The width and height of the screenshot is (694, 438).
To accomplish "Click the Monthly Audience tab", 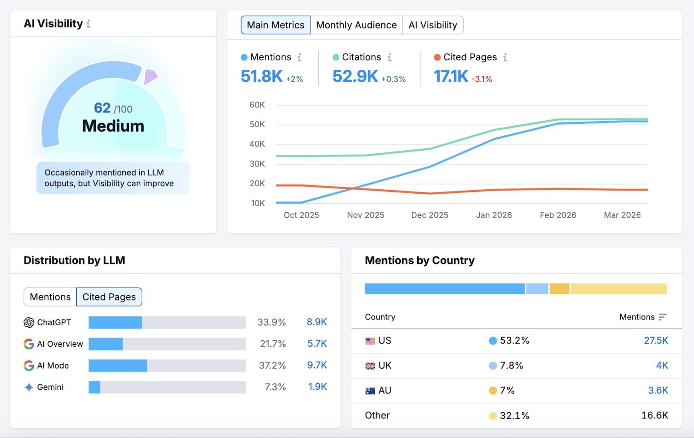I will [356, 25].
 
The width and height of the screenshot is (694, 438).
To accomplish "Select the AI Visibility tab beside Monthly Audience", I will [432, 25].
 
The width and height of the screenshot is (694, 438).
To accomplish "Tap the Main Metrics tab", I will [275, 25].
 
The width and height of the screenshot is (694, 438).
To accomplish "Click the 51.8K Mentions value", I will [262, 76].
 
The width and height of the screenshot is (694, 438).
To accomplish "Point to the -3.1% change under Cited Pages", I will [482, 79].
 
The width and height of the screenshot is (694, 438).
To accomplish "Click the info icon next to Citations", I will [390, 57].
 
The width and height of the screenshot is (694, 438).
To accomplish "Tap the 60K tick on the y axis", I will [257, 105].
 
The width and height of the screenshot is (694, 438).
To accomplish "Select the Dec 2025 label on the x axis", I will [429, 215].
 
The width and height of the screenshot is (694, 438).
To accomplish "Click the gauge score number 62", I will [102, 108].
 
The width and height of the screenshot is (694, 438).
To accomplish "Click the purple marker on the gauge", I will [150, 76].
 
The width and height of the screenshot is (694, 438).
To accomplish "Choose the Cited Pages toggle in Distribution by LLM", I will [109, 297].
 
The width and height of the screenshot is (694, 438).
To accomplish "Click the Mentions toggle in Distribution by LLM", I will [50, 297].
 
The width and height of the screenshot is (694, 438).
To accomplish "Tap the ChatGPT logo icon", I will [29, 322].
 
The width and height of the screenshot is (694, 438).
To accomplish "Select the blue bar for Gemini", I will [94, 387].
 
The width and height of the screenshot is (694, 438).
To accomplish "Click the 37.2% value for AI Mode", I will [272, 366].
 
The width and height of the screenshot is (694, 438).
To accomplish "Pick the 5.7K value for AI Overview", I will [317, 344].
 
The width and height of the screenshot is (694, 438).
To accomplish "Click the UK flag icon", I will [370, 366].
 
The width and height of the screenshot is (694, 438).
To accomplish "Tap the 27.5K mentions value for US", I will [656, 340].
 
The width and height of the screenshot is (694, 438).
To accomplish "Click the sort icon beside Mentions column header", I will [662, 317].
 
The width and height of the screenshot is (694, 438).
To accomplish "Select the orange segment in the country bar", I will [559, 289].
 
